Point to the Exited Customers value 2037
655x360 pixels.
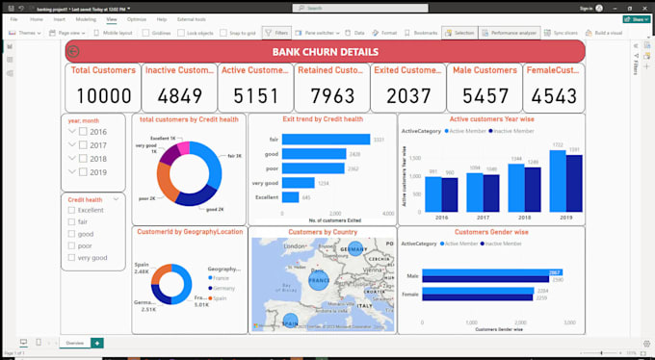click(408, 94)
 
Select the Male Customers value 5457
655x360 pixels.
click(485, 94)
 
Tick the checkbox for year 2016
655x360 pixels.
click(84, 132)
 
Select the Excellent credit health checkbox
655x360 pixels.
click(70, 210)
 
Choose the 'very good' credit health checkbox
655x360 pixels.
click(70, 257)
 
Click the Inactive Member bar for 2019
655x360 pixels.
click(574, 183)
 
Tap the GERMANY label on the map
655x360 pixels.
click(354, 249)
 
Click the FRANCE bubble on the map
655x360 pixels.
click(319, 280)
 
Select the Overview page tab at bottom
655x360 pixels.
click(74, 343)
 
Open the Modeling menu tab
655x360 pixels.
click(86, 19)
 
